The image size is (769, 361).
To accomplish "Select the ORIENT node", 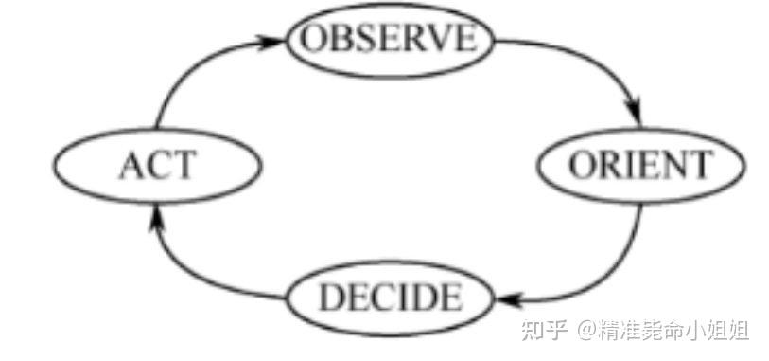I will (x=641, y=166).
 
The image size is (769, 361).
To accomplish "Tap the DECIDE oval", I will (x=390, y=298).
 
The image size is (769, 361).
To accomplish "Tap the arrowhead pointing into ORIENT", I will (x=636, y=115).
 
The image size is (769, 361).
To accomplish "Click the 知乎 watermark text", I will (x=543, y=333).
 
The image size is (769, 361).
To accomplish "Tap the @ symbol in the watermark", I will (x=584, y=333).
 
